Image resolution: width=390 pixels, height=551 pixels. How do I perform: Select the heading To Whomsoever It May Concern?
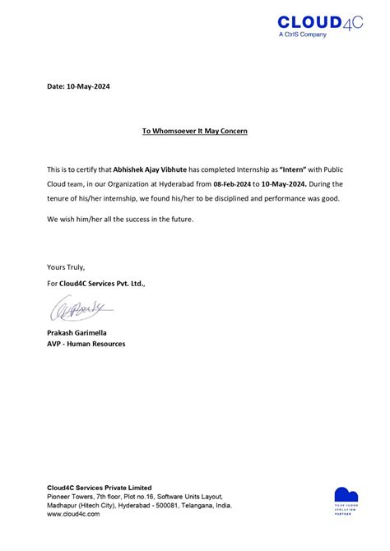(x=195, y=131)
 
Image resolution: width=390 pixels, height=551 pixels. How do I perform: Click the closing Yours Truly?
(x=66, y=267)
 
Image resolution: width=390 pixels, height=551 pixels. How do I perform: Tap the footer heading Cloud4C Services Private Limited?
(x=100, y=488)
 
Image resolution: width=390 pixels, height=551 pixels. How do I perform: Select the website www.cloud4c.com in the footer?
(x=73, y=514)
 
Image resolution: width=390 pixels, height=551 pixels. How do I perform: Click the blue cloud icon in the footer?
(x=346, y=495)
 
